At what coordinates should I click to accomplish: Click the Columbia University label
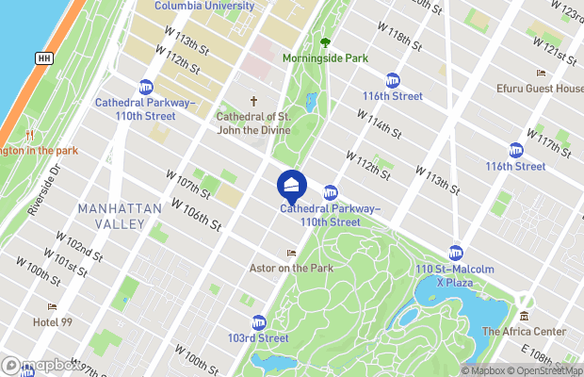click(x=204, y=6)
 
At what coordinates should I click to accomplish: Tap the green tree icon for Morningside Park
click(x=325, y=42)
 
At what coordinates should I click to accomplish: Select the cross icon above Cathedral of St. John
click(x=252, y=102)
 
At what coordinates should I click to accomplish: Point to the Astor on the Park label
click(x=291, y=268)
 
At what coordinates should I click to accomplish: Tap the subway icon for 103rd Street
click(x=258, y=322)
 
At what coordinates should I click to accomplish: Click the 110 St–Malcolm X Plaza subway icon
click(x=455, y=253)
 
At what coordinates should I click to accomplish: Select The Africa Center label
click(x=524, y=331)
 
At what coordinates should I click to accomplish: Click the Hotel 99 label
click(x=52, y=321)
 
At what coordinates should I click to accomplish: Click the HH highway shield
click(x=43, y=58)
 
